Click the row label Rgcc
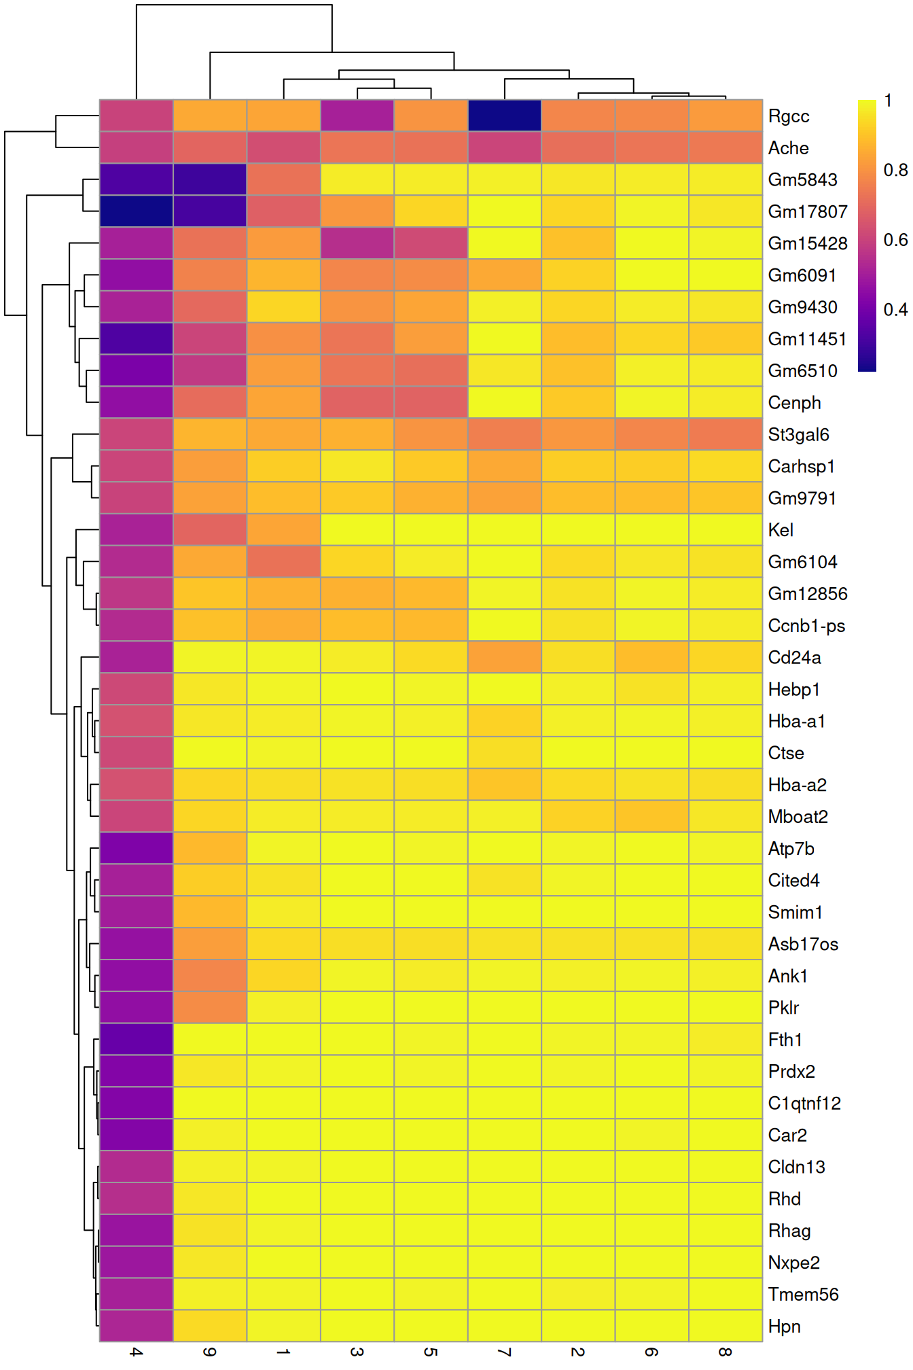click(788, 116)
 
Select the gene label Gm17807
click(807, 212)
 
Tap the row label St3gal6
click(798, 435)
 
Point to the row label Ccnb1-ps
click(806, 626)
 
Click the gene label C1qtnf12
click(804, 1104)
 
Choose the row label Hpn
click(784, 1327)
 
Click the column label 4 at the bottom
click(137, 1352)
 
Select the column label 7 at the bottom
click(505, 1352)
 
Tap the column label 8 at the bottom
click(726, 1352)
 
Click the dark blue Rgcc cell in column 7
click(505, 116)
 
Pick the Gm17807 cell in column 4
click(137, 211)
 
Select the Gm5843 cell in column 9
click(210, 179)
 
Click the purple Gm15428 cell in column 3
click(357, 243)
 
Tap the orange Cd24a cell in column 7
click(505, 657)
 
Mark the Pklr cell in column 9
click(210, 1007)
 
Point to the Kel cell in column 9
click(210, 529)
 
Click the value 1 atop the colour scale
click(888, 101)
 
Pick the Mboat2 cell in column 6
click(652, 816)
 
